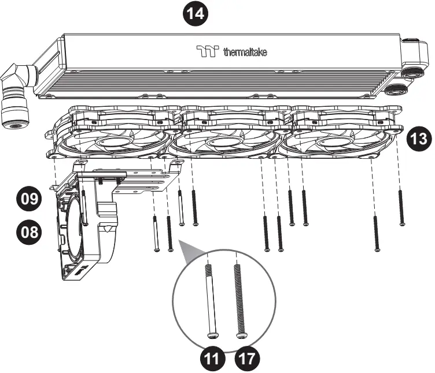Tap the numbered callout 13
pyautogui.click(x=418, y=139)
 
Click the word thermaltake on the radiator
pyautogui.click(x=245, y=53)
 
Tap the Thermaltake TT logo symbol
pyautogui.click(x=207, y=53)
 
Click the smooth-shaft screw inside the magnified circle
pyautogui.click(x=212, y=300)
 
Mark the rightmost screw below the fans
pyautogui.click(x=400, y=205)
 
